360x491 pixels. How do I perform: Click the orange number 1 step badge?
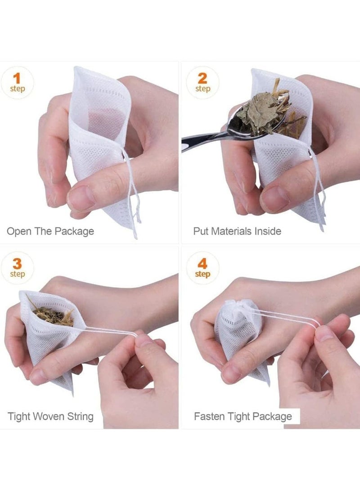coord(17,82)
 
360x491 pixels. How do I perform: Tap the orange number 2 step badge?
coord(202,82)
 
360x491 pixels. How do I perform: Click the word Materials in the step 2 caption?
coord(232,231)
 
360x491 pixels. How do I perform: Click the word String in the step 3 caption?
coord(80,416)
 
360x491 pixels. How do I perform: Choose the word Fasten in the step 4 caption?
coord(209,416)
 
